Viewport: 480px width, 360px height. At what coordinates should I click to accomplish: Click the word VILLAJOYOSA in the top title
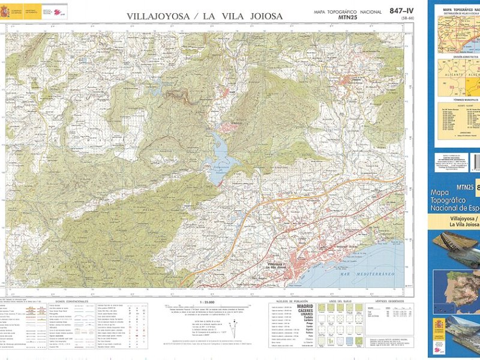click(x=158, y=16)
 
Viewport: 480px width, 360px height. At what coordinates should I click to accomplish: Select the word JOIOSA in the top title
click(x=262, y=16)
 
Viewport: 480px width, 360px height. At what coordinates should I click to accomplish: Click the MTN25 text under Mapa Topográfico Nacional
click(x=349, y=18)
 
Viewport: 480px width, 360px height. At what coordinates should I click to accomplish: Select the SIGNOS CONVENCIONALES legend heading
click(x=71, y=301)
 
